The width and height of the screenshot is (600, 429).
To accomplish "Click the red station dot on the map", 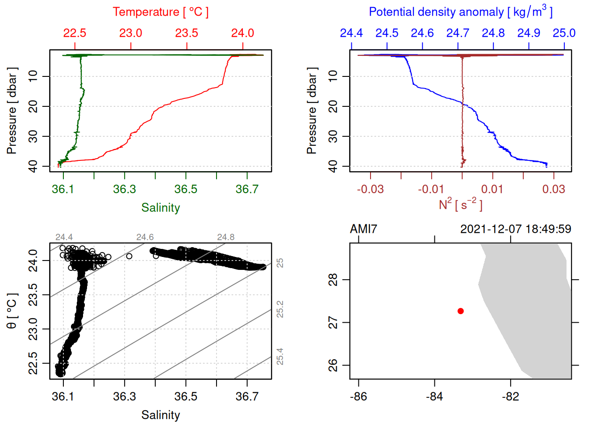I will (460, 311).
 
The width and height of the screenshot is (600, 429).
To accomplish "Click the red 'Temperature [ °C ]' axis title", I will (160, 12).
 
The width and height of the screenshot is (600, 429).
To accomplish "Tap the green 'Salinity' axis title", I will (160, 208).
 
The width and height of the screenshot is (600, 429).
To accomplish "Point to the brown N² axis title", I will (460, 205).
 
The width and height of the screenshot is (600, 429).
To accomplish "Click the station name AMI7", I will (363, 229).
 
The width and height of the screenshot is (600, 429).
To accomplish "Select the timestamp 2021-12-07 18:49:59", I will (515, 229).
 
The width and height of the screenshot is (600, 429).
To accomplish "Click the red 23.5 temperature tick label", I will (187, 33).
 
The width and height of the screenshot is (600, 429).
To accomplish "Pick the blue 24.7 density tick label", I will (458, 33).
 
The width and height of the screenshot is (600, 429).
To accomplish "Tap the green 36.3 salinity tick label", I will (124, 189).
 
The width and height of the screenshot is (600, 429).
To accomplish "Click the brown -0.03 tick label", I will (370, 189).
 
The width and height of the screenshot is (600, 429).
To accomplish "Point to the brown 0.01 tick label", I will (492, 189).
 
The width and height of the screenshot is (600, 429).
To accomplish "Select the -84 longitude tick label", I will (434, 396).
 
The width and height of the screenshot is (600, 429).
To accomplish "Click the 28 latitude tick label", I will (333, 280).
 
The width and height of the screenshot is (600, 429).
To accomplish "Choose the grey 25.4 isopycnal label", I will (280, 357).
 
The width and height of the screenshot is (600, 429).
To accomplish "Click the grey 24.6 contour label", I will (145, 237).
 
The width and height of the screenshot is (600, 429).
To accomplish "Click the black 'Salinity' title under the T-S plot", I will (160, 415).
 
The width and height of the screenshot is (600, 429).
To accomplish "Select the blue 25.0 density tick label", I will (564, 33).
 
